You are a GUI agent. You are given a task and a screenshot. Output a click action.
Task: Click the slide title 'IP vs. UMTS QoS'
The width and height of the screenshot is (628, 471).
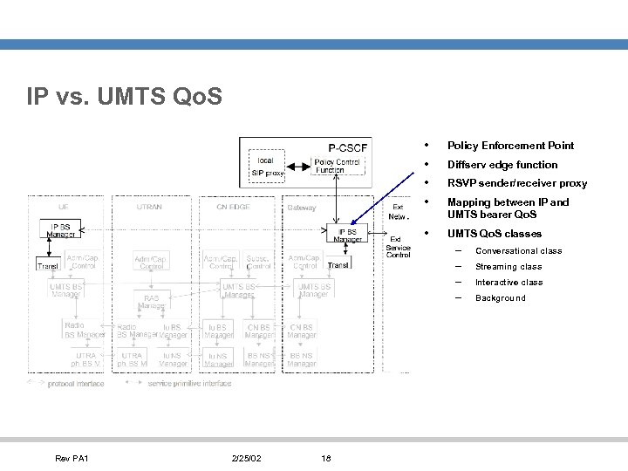pos(125,95)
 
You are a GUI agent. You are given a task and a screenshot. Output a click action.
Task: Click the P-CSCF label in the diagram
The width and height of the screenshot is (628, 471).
pos(347,147)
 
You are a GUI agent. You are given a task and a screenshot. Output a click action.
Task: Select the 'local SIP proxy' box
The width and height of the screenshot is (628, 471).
pos(268,167)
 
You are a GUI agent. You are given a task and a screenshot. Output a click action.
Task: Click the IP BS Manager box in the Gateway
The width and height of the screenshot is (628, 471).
pos(347,235)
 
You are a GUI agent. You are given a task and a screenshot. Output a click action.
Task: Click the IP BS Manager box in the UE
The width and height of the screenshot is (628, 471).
pos(60,230)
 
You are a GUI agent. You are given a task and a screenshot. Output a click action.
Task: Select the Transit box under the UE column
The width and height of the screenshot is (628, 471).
pos(47,266)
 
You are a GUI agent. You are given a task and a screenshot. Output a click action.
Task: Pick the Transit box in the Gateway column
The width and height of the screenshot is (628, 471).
pos(338,265)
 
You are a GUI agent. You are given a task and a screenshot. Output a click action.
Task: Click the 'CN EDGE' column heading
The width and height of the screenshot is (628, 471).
pos(234,208)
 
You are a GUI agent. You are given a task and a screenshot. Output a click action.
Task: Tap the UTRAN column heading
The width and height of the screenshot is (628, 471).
pos(149,208)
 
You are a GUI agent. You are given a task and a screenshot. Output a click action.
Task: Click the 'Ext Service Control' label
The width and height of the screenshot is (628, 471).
pos(398,247)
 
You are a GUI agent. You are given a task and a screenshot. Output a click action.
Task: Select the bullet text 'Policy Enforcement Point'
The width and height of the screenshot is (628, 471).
pos(510,146)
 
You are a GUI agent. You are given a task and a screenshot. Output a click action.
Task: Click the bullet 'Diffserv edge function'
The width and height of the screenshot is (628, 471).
pos(502,165)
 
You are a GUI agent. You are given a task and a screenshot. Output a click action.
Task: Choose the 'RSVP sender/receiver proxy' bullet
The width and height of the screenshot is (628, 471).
pos(517,184)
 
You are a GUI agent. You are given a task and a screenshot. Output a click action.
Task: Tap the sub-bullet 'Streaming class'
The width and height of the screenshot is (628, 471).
pos(509,267)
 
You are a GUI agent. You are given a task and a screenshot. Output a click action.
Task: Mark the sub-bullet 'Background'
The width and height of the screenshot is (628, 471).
pos(501,298)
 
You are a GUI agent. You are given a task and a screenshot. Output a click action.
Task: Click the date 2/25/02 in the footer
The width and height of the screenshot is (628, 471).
pos(248,459)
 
